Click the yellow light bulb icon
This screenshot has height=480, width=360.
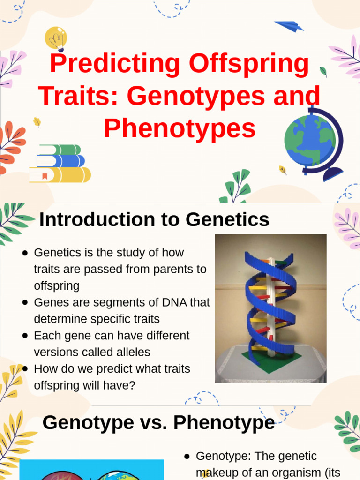point(56,38)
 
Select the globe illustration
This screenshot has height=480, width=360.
point(312,141)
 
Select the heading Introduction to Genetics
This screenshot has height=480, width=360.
point(154,219)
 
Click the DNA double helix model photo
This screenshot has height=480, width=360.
point(270,308)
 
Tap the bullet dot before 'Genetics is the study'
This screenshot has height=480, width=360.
point(25,253)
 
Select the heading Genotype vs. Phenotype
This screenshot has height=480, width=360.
point(158,422)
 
